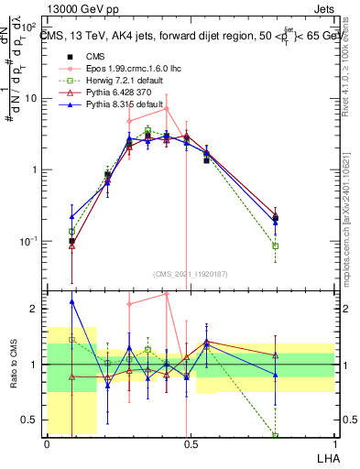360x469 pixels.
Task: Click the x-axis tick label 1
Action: tap(333, 444)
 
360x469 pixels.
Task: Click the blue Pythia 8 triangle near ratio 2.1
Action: tap(71, 301)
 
